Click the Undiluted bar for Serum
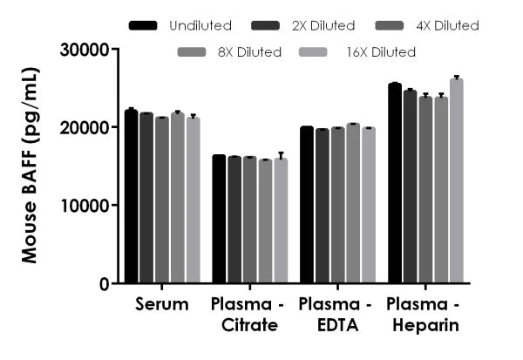[x=132, y=197]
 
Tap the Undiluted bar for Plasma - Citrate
[x=220, y=219]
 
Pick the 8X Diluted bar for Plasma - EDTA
[x=353, y=204]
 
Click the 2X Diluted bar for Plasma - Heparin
[x=411, y=187]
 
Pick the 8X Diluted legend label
[x=249, y=52]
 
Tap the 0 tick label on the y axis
[x=105, y=284]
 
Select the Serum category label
[x=162, y=305]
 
